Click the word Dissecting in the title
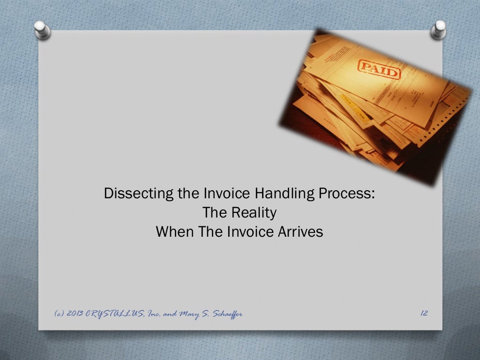coord(138,194)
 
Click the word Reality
coord(256,213)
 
